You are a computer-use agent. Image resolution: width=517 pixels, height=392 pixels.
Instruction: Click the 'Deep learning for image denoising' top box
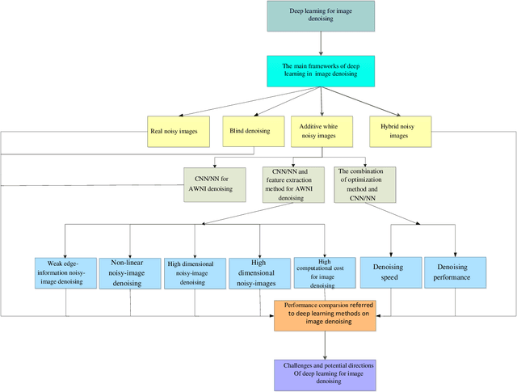coord(321,16)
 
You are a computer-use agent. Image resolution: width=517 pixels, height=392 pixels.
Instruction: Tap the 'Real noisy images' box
coord(179,130)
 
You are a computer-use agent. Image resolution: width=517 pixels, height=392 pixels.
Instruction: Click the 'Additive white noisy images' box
coord(322,130)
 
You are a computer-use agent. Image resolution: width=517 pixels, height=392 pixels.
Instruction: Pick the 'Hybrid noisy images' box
coord(400,130)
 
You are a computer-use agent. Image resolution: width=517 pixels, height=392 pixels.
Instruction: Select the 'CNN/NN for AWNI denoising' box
coord(214,183)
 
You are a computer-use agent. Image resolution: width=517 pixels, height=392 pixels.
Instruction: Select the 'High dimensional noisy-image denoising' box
coord(193,274)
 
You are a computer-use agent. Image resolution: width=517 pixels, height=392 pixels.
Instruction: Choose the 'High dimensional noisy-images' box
coord(258,273)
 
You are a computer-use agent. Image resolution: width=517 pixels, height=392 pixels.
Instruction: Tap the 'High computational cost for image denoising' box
coord(326,273)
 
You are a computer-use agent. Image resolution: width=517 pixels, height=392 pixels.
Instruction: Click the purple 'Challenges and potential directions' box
coord(324,373)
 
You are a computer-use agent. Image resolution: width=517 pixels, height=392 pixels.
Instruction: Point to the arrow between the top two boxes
coord(322,44)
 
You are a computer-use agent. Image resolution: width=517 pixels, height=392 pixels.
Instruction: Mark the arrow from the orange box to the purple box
coord(324,344)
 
